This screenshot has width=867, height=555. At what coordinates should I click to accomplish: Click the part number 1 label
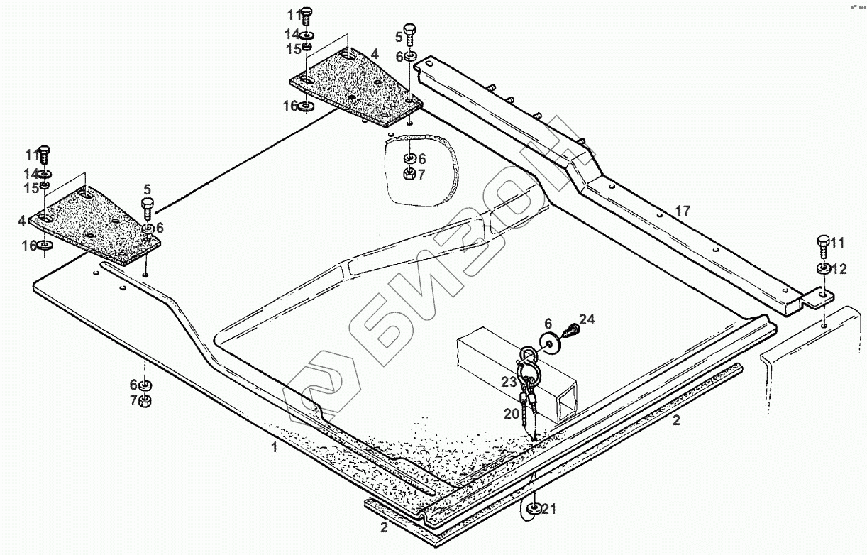274,447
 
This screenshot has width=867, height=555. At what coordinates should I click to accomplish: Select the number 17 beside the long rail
682,211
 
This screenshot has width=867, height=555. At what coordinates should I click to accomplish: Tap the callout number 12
839,269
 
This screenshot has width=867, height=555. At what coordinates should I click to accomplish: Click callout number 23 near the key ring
509,382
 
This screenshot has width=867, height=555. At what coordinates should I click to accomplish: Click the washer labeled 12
822,269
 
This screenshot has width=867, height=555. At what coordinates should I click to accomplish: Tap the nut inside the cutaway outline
410,173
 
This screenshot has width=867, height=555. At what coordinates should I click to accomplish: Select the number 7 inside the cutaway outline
422,173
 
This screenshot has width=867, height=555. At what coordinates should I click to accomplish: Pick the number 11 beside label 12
838,243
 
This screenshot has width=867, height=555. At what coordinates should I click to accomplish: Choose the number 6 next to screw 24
548,323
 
